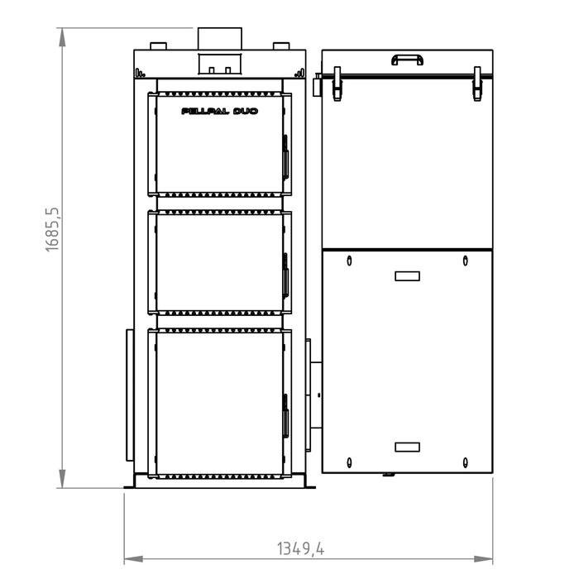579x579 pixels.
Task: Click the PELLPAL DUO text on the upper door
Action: (219, 110)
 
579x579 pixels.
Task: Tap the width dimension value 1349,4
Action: (300, 548)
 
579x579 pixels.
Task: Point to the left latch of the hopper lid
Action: (337, 84)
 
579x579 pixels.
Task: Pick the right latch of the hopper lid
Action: (477, 84)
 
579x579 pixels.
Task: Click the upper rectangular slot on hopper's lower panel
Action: (407, 276)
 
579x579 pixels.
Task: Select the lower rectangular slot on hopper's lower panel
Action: (407, 447)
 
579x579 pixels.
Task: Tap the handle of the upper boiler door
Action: (285, 156)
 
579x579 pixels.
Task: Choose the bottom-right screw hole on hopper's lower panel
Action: (465, 462)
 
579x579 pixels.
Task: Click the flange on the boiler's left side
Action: (129, 394)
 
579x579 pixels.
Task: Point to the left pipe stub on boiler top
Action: (157, 45)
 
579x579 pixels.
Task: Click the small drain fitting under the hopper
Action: (385, 475)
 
